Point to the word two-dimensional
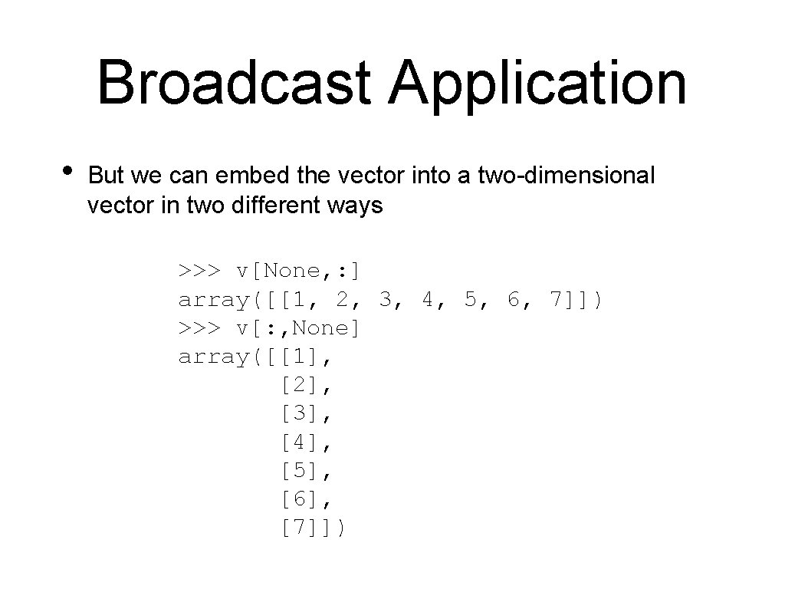566,176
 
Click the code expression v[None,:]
299,271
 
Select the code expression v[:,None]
299,328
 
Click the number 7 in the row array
557,299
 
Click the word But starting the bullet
106,176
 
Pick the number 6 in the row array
514,299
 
